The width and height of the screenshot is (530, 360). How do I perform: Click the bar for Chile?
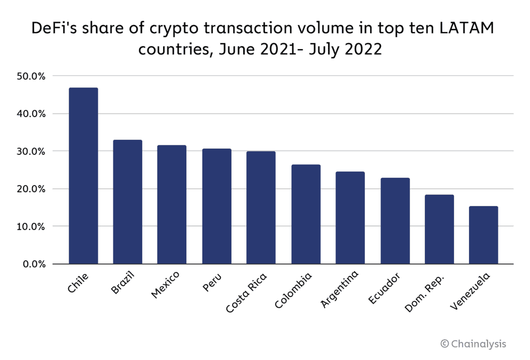pos(83,176)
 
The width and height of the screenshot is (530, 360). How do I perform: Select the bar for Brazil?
pos(127,202)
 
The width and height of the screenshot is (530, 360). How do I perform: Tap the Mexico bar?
pos(172,205)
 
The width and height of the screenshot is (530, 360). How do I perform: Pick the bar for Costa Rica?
pos(261,207)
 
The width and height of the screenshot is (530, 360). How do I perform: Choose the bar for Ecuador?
pos(395,221)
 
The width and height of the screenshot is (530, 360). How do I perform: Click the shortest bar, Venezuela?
pos(483,235)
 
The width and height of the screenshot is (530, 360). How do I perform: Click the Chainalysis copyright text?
pos(473,343)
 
